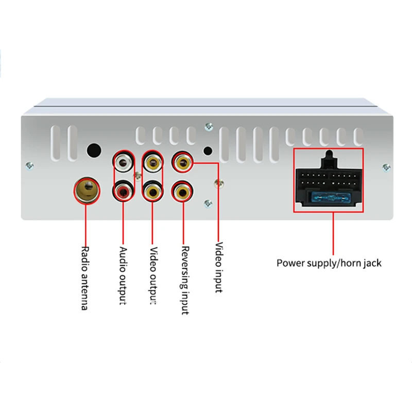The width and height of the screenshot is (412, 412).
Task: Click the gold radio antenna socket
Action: click(x=87, y=190)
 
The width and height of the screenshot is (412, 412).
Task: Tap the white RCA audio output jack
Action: click(x=123, y=162)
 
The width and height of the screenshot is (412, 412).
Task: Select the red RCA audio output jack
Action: click(x=123, y=191)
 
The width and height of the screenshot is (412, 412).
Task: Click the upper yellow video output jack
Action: click(x=153, y=162)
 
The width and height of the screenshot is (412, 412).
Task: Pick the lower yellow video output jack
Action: click(x=153, y=191)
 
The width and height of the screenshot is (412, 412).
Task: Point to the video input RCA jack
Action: click(x=182, y=162)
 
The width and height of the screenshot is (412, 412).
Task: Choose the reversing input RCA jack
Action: click(x=183, y=191)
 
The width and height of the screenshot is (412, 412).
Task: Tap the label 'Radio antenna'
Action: click(x=84, y=278)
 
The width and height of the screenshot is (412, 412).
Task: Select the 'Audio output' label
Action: click(x=123, y=276)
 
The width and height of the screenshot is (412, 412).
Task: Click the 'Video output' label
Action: click(x=153, y=276)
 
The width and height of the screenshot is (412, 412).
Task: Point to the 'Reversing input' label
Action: click(x=185, y=280)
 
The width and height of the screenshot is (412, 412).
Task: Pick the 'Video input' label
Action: click(x=218, y=267)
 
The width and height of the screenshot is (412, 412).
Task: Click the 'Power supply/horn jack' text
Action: click(x=329, y=263)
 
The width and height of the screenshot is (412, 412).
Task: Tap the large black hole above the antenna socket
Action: click(x=94, y=151)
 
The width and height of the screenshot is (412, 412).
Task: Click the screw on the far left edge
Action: click(x=29, y=166)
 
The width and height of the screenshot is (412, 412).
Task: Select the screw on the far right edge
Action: click(x=386, y=167)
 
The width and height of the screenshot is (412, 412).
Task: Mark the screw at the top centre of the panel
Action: click(x=209, y=127)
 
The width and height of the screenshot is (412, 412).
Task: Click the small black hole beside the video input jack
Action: click(x=208, y=151)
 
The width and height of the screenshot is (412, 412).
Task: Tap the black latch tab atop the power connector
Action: click(x=329, y=159)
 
